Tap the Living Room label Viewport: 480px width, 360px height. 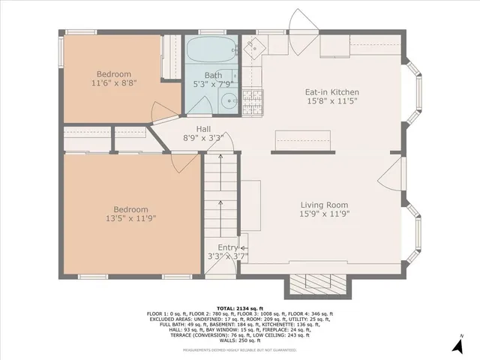pyautogui.click(x=324, y=205)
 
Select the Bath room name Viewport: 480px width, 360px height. pyautogui.click(x=213, y=75)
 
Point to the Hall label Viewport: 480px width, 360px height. pyautogui.click(x=203, y=129)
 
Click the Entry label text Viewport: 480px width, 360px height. pyautogui.click(x=228, y=247)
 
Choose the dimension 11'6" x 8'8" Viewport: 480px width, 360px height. pyautogui.click(x=113, y=83)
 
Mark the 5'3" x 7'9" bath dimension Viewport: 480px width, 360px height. pyautogui.click(x=214, y=84)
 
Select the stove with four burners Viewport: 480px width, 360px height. pyautogui.click(x=253, y=103)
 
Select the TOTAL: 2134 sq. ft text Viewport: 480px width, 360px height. pyautogui.click(x=240, y=307)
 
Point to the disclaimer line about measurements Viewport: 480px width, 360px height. pyautogui.click(x=240, y=349)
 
